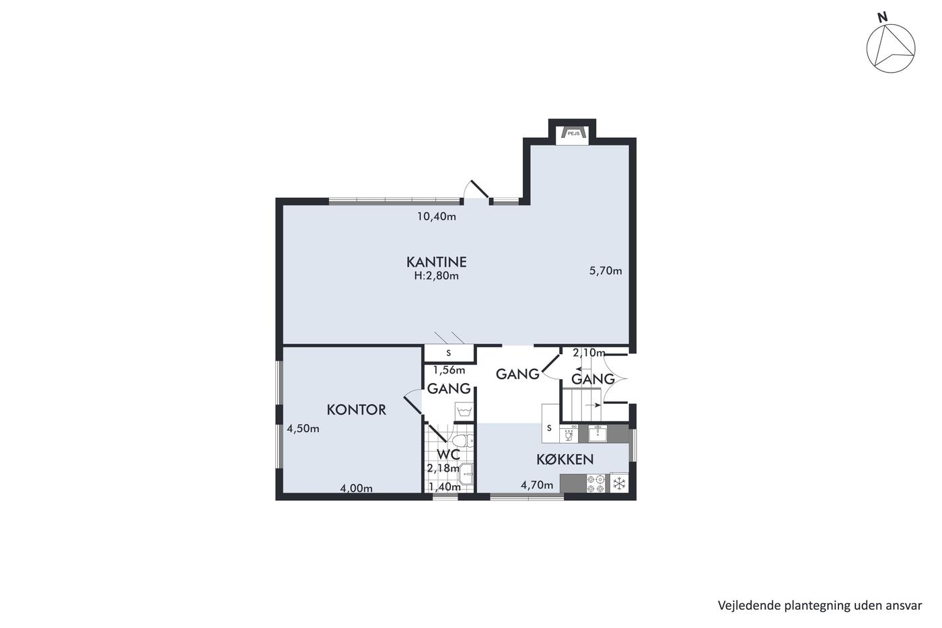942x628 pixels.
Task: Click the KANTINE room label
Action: click(436, 262)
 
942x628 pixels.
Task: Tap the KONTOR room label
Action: click(356, 410)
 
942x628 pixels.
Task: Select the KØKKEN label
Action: click(565, 460)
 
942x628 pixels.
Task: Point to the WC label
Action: click(448, 455)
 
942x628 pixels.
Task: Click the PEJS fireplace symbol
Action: click(573, 133)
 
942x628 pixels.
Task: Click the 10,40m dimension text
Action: click(436, 217)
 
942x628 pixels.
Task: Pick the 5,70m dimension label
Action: click(605, 271)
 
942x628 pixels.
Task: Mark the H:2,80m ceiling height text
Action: click(436, 276)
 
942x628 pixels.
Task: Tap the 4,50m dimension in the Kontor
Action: click(303, 429)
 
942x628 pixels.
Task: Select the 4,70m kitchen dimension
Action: click(537, 485)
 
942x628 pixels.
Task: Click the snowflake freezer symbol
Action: click(619, 484)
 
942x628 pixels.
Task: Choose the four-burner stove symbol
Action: click(596, 484)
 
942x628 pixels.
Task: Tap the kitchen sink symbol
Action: click(597, 433)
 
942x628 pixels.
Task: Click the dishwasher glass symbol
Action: click(569, 434)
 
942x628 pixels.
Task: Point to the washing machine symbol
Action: click(464, 411)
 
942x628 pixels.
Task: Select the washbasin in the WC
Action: click(467, 474)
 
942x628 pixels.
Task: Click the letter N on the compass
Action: click(882, 18)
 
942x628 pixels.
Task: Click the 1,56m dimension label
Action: click(449, 370)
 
